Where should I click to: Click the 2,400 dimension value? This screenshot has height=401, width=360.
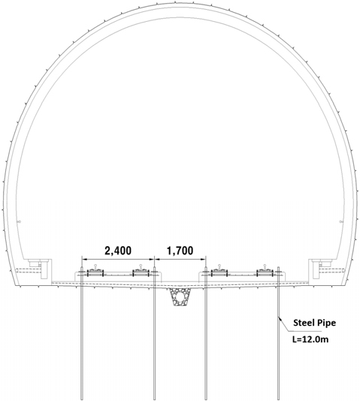click(x=118, y=251)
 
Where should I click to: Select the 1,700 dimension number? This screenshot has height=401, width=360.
click(x=180, y=251)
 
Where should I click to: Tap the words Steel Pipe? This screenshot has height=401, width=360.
click(x=314, y=323)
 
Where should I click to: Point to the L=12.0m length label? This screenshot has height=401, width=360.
click(x=310, y=339)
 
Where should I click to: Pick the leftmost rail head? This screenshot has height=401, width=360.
click(x=95, y=266)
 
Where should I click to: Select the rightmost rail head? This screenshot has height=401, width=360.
click(x=265, y=266)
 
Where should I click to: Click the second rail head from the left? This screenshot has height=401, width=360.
click(x=141, y=266)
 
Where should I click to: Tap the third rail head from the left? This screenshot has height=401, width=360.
click(x=219, y=266)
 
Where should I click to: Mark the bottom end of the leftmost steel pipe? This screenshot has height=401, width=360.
click(x=82, y=399)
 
